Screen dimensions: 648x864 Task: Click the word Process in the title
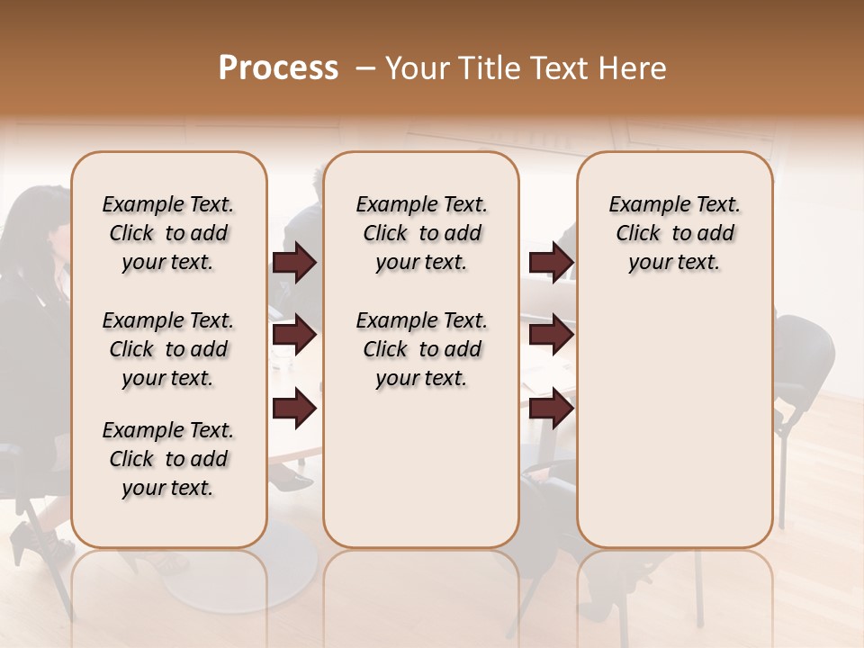pos(278,68)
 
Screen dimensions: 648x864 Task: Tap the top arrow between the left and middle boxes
pos(294,263)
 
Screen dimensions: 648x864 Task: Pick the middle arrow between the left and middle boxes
pos(294,336)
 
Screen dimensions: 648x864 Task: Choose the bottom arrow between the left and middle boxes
pos(294,409)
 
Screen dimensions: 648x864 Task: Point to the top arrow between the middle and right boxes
pos(551,263)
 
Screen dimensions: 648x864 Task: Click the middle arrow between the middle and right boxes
pos(551,336)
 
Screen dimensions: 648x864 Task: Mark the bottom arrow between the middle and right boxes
pos(551,409)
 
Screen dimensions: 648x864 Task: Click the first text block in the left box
pos(168,233)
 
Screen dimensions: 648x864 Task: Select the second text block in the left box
pos(168,349)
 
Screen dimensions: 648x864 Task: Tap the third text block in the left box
pos(168,459)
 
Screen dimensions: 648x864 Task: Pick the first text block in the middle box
pos(421,233)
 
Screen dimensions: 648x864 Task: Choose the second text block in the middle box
pos(421,349)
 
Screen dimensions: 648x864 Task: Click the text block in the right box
pos(674,233)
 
